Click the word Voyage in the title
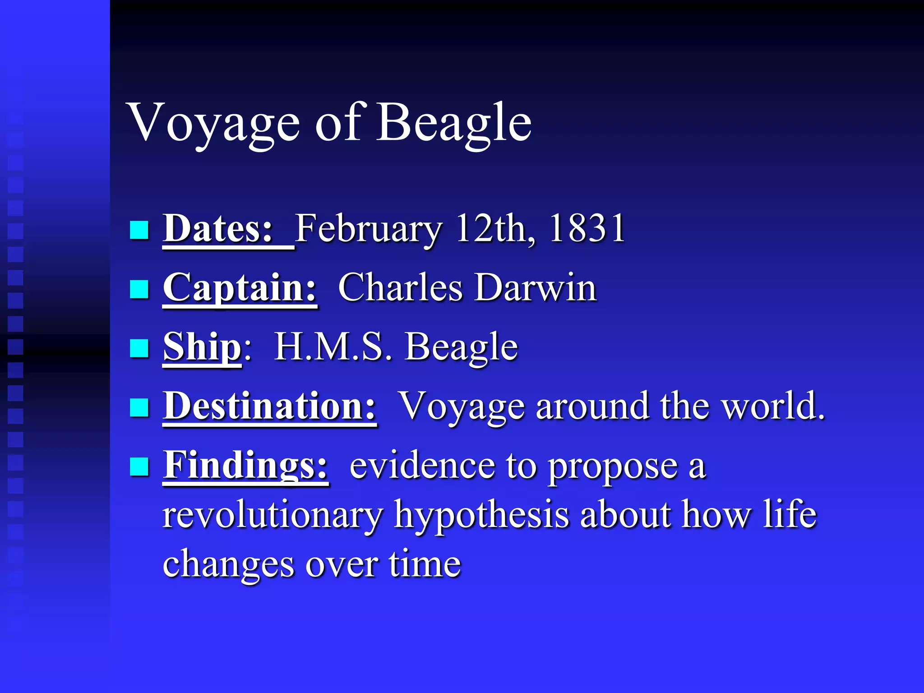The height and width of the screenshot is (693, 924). click(x=214, y=123)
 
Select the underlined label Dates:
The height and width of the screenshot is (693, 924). click(x=218, y=229)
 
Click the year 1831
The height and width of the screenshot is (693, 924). click(x=587, y=229)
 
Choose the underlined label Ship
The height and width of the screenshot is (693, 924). click(x=202, y=347)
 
